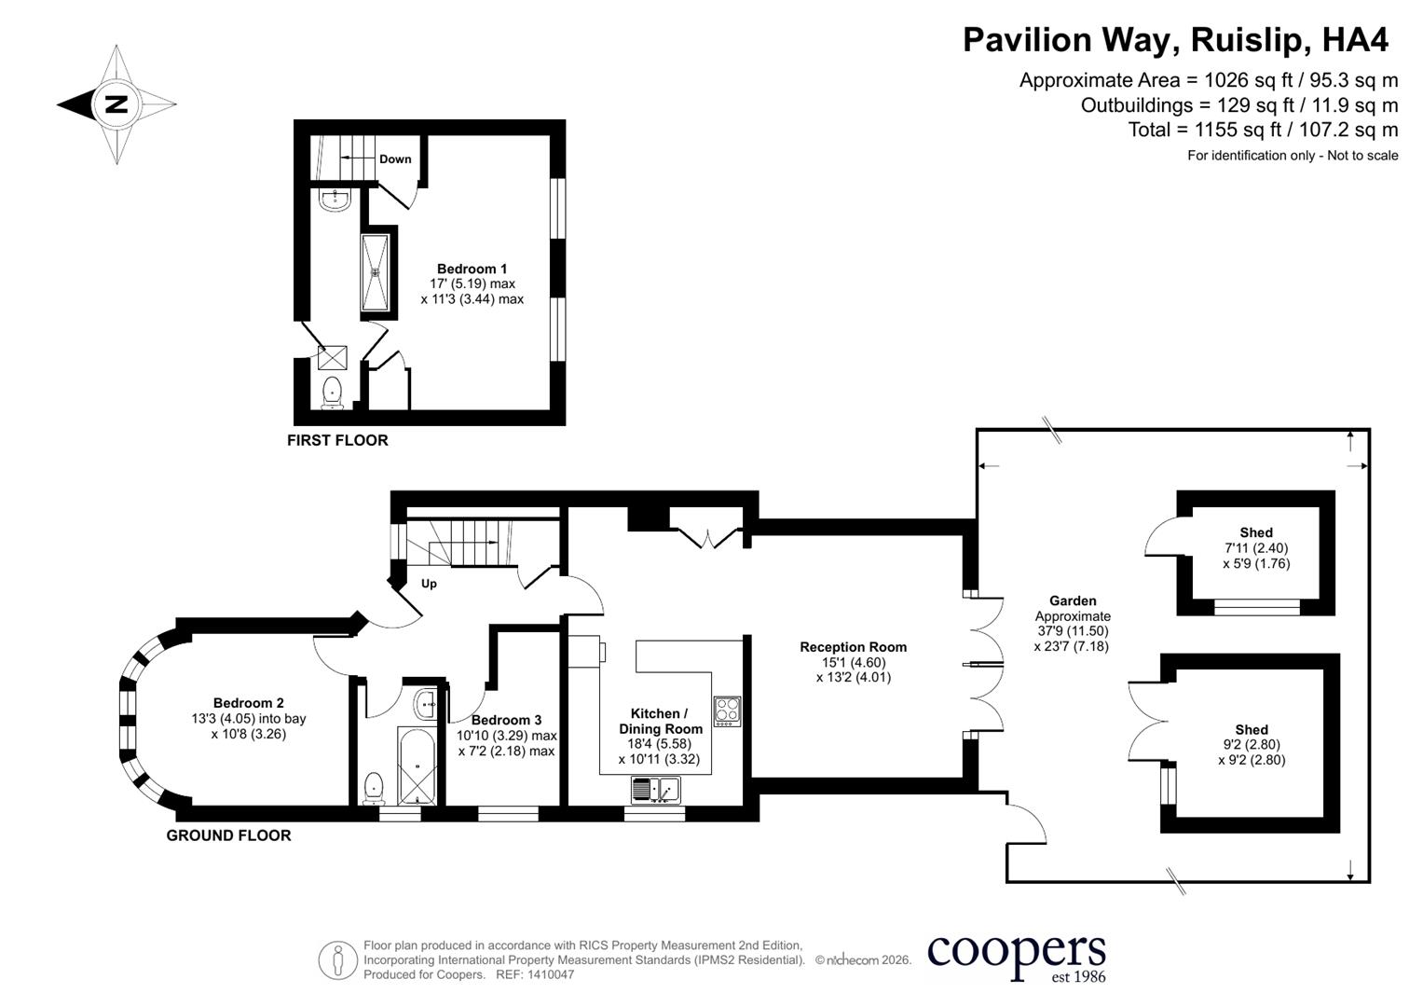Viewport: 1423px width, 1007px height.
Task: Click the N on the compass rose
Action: [116, 103]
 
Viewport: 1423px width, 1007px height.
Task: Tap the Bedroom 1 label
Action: [472, 269]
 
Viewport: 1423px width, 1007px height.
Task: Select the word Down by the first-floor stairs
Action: [395, 159]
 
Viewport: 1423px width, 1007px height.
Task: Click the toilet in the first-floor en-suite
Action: [333, 393]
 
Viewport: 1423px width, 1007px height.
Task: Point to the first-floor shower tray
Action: [375, 272]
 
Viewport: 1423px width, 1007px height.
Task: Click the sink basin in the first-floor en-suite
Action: [335, 200]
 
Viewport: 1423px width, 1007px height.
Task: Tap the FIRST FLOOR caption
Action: [337, 440]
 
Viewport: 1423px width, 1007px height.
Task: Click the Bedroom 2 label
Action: [249, 702]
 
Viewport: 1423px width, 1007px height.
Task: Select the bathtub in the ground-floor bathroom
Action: [417, 766]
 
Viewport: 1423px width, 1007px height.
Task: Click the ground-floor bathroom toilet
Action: [374, 788]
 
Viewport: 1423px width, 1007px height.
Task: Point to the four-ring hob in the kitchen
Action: [728, 711]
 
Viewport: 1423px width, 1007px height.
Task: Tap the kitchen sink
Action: [656, 791]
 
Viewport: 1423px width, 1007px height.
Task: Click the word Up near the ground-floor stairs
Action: [429, 584]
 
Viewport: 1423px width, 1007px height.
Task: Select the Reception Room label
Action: [854, 646]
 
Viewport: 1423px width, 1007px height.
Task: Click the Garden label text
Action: [1073, 600]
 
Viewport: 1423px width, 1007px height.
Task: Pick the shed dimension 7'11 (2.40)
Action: [1256, 547]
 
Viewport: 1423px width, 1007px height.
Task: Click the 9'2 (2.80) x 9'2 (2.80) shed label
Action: [1252, 752]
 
